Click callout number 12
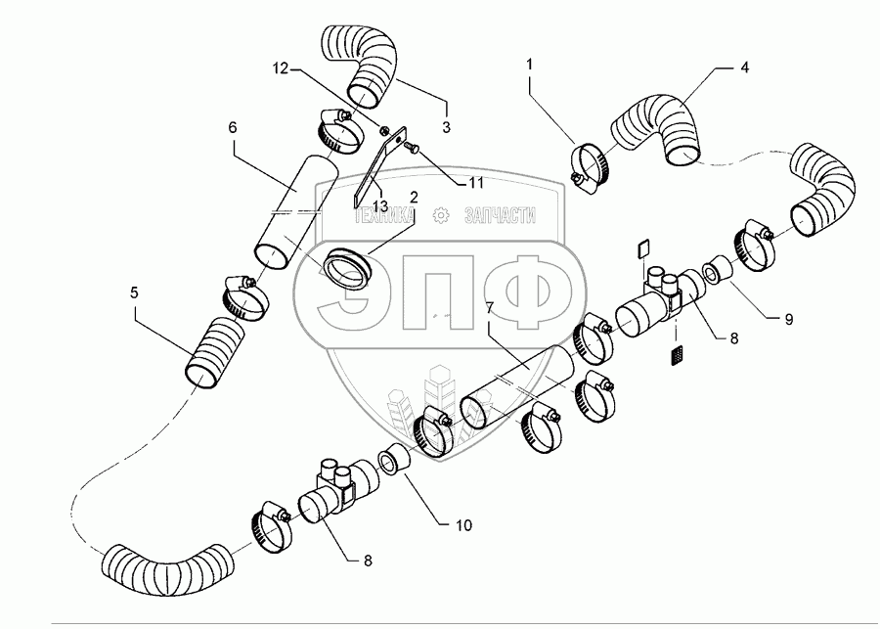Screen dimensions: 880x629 [280, 68]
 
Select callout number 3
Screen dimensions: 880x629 [446, 127]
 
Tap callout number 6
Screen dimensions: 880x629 [233, 127]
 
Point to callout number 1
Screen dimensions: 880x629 [529, 64]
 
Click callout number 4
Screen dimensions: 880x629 [744, 67]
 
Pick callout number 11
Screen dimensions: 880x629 [476, 183]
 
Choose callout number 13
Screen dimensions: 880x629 [380, 206]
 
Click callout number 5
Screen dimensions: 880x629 [134, 292]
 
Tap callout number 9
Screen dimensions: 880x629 [788, 319]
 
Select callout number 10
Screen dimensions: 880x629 [463, 525]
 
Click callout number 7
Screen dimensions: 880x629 [490, 308]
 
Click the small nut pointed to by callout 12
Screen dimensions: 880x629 [384, 130]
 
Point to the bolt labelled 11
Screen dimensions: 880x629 [411, 147]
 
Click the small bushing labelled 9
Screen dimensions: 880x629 [718, 270]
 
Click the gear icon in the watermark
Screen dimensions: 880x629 [442, 214]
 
